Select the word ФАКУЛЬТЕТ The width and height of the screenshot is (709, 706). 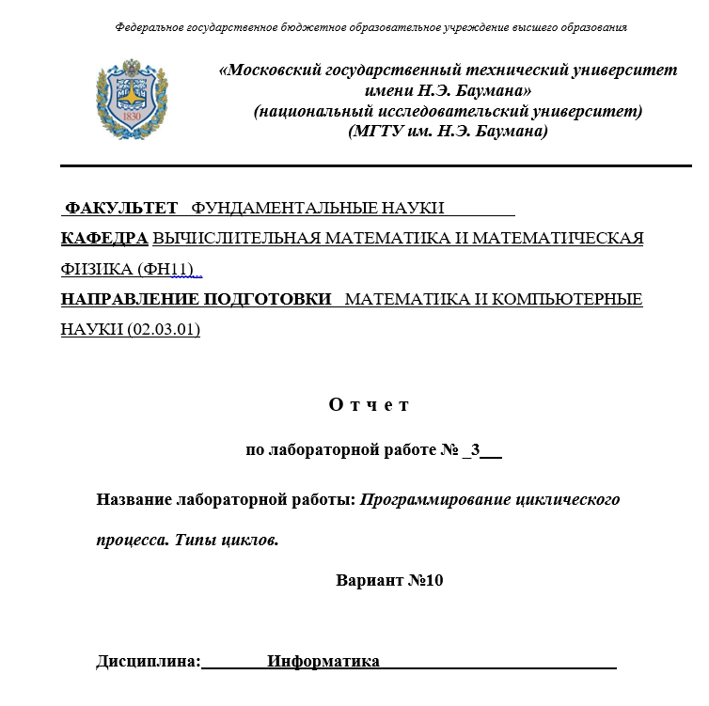tap(121, 208)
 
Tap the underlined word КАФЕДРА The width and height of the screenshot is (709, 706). tap(104, 238)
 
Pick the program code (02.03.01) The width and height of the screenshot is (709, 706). tap(158, 330)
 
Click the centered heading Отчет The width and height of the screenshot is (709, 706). tap(370, 405)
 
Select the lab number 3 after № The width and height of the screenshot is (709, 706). tap(476, 450)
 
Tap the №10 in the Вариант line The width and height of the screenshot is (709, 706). tap(425, 580)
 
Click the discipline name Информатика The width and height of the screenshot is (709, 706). tap(323, 662)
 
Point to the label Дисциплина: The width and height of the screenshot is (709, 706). tap(149, 662)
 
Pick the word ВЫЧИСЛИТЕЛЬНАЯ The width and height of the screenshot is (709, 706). tap(237, 238)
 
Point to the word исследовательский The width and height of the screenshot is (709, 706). tap(420, 111)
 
